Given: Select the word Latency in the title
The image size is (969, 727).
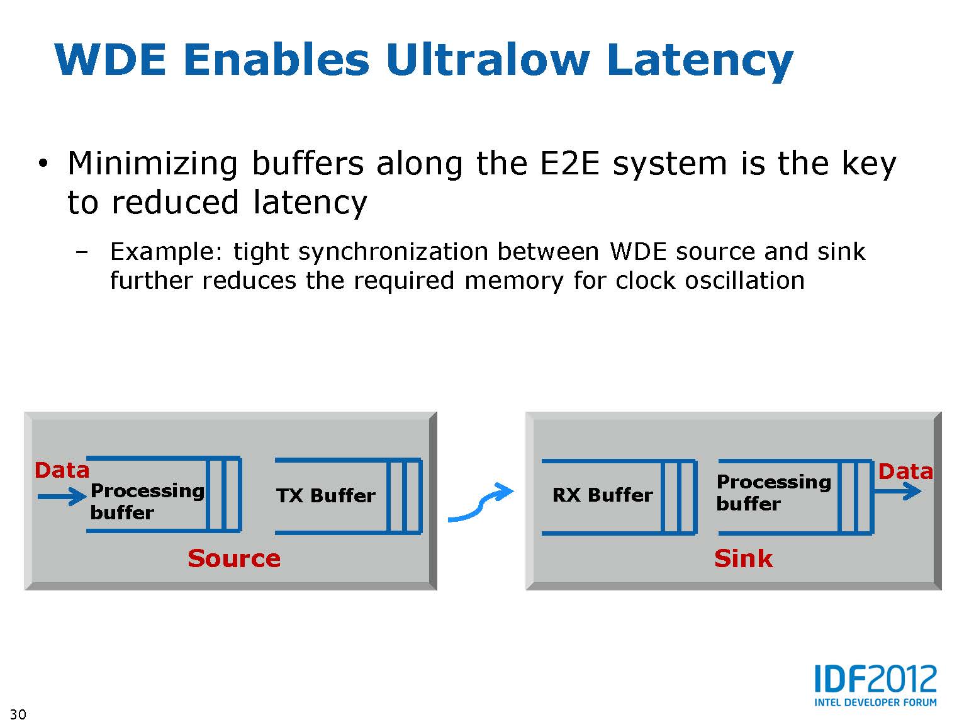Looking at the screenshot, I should [x=700, y=62].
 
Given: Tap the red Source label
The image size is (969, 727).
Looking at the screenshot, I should [x=234, y=558].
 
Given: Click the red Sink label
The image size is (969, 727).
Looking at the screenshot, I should [x=743, y=558].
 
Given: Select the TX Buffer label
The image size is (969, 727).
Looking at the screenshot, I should [x=325, y=496].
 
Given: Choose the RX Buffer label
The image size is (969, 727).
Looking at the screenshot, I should [x=602, y=495].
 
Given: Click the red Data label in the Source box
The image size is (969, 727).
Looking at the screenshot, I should [x=62, y=470].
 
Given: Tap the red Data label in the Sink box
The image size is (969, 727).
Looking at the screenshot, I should [x=905, y=471].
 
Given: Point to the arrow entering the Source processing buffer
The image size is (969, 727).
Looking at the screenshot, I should [x=62, y=497].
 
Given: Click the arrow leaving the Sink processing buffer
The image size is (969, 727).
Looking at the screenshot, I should [x=899, y=491].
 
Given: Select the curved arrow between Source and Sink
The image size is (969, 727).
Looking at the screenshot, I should [x=481, y=503].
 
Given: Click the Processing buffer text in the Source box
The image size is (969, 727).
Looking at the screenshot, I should [x=147, y=501].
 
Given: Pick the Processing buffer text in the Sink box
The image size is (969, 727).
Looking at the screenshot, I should [x=773, y=492].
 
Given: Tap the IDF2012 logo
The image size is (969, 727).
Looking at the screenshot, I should [x=875, y=680].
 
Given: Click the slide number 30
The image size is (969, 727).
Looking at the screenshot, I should [x=18, y=714].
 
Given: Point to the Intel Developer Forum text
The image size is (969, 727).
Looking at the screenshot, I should [x=875, y=702].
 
